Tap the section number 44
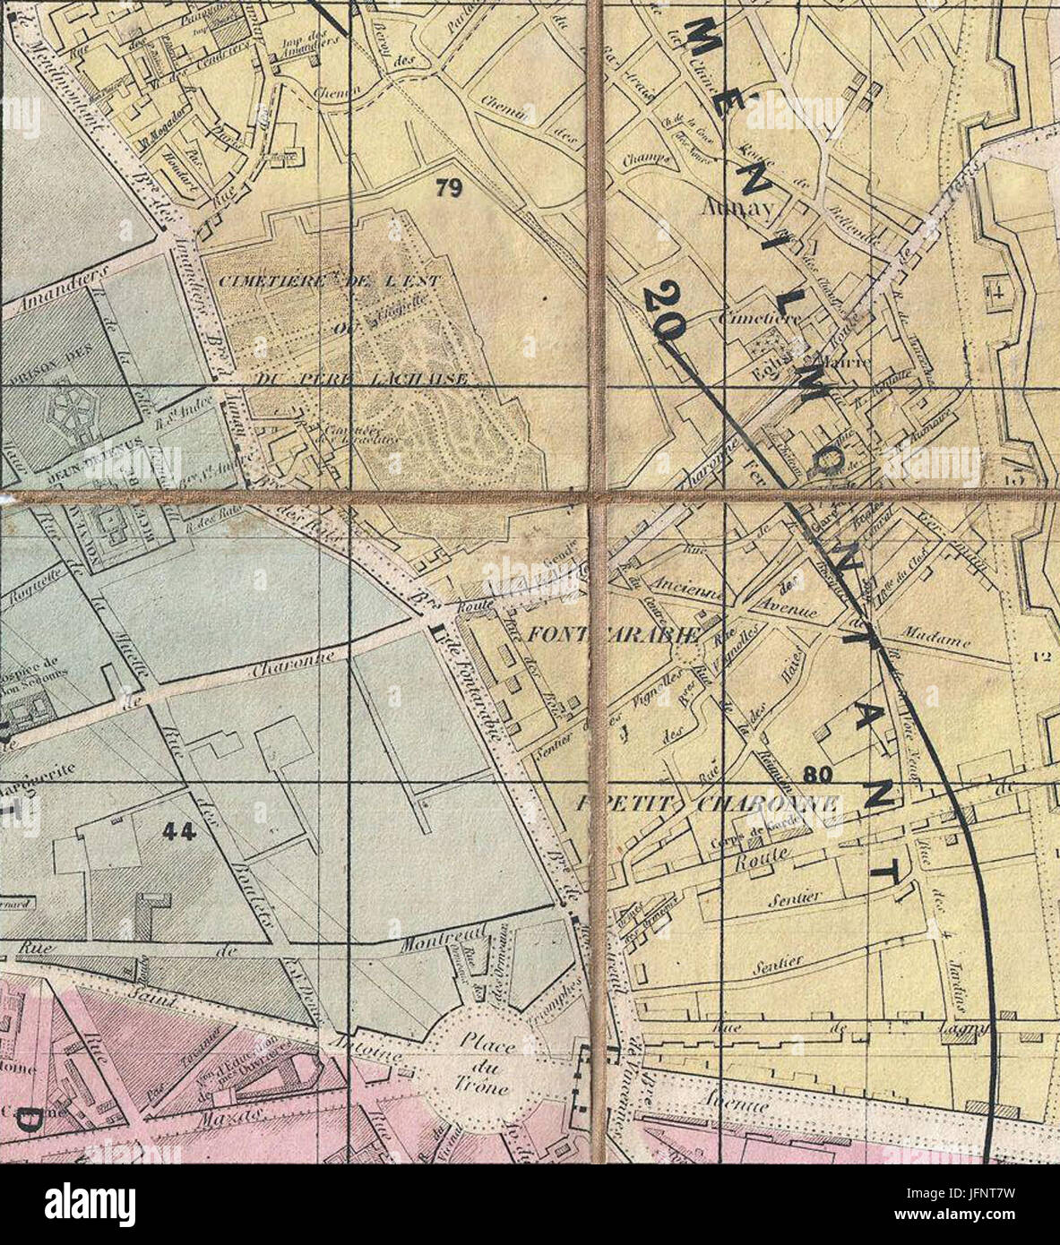click(x=180, y=831)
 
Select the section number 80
click(x=818, y=771)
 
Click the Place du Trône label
click(x=482, y=1067)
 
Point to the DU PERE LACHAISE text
click(x=361, y=380)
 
